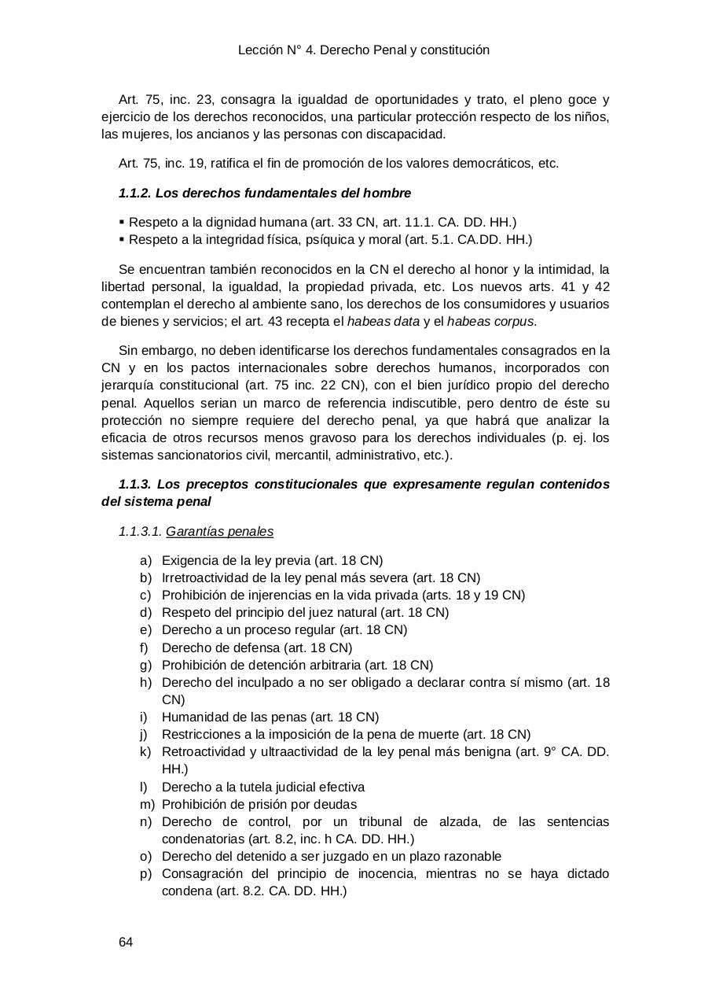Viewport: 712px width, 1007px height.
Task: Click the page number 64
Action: [x=126, y=942]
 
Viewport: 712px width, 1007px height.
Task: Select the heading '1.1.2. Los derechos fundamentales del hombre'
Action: [x=264, y=193]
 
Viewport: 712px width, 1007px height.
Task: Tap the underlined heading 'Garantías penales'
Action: [x=219, y=532]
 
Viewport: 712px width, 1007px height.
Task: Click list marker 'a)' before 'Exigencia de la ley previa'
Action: [x=145, y=561]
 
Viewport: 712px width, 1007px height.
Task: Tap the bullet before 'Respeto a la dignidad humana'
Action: [x=122, y=223]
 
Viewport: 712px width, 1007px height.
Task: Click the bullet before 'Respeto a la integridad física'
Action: [x=122, y=240]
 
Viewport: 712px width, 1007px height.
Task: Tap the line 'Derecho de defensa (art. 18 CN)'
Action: [x=257, y=648]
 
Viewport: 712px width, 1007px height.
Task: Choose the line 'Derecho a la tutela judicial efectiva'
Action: [x=263, y=787]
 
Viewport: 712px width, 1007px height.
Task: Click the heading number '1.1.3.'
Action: [x=134, y=484]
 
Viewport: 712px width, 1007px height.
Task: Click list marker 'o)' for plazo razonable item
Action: [x=145, y=856]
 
